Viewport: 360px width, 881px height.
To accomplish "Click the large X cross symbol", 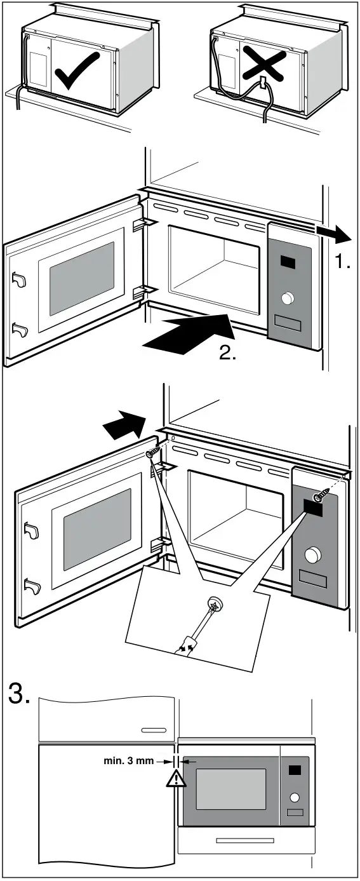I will (261, 64).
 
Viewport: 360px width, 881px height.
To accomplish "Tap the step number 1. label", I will (343, 261).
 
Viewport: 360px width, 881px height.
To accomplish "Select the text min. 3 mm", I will (128, 760).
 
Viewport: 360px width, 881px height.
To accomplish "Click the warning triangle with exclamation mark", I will (172, 779).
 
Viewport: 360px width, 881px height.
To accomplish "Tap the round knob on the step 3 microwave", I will (295, 797).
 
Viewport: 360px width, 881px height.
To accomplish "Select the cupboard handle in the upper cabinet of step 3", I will (154, 730).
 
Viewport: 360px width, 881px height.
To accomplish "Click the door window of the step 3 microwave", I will (230, 789).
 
